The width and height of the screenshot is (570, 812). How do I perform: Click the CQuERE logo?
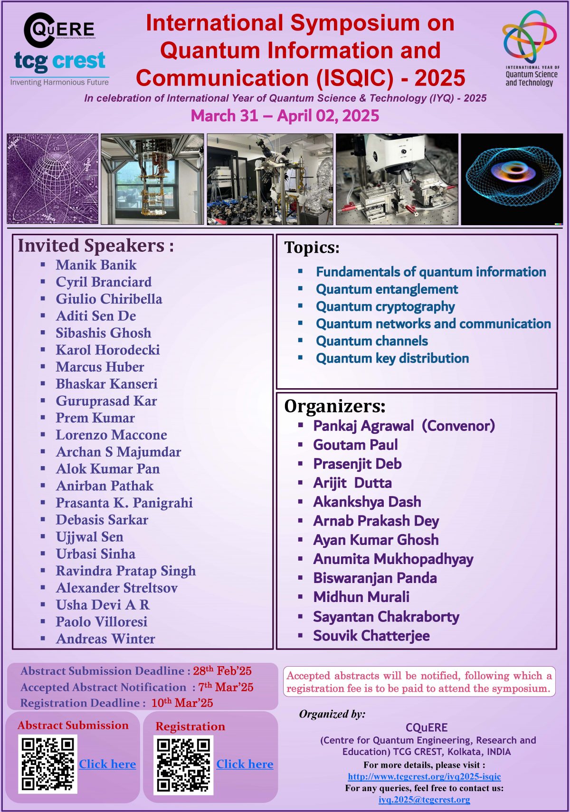[x=59, y=30]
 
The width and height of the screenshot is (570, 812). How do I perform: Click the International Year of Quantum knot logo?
[x=530, y=36]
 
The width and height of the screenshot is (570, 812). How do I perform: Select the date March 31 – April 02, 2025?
[x=285, y=115]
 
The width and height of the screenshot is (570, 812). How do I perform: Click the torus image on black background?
[x=512, y=179]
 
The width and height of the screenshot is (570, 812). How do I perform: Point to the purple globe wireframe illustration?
[x=53, y=179]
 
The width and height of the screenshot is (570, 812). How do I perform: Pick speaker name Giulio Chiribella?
[x=109, y=299]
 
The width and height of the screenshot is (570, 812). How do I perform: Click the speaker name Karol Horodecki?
[x=108, y=350]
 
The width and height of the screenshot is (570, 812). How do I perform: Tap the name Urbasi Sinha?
[x=95, y=554]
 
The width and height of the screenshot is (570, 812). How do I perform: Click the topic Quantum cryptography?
[x=385, y=306]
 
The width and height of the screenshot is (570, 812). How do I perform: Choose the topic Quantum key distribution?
[x=392, y=358]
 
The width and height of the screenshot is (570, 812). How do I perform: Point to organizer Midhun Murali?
[x=361, y=597]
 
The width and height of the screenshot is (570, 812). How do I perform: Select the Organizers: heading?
[x=335, y=406]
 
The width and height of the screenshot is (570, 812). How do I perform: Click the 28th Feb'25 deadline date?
[x=222, y=670]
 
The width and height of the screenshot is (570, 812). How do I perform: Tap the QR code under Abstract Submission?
[x=48, y=764]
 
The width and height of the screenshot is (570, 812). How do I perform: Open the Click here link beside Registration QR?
[x=245, y=764]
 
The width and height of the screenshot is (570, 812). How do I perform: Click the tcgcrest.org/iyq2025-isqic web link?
[x=424, y=776]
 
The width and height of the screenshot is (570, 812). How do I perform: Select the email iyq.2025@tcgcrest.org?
[x=424, y=799]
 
